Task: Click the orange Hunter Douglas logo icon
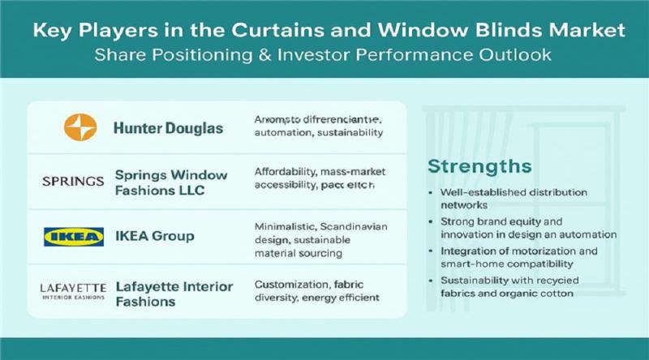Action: coord(80,126)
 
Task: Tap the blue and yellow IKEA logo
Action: coord(73,237)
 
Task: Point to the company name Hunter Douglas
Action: coord(165,127)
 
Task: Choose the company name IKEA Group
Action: coord(154,237)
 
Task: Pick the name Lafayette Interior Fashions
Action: coord(174,294)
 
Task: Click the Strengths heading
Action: coord(479,166)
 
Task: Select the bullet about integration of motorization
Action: coord(519,257)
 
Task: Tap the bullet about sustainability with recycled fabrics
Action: coord(519,286)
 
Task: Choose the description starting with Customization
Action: coord(316,291)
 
